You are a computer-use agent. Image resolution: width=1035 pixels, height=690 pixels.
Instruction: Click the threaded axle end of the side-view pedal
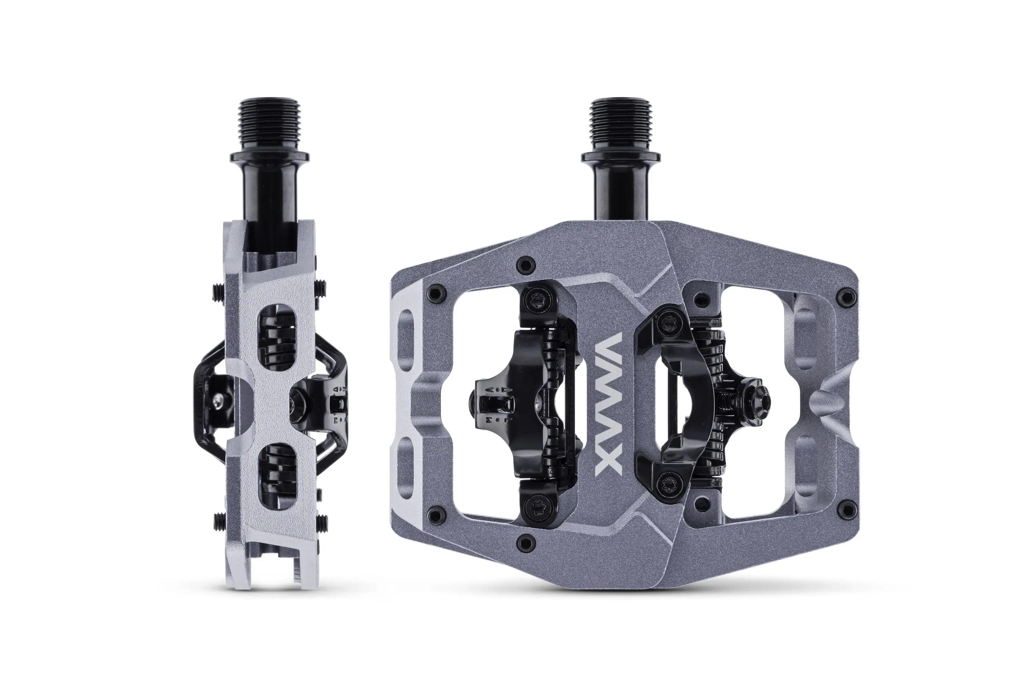point(269,126)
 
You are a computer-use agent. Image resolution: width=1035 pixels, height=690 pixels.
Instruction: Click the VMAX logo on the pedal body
point(608,404)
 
